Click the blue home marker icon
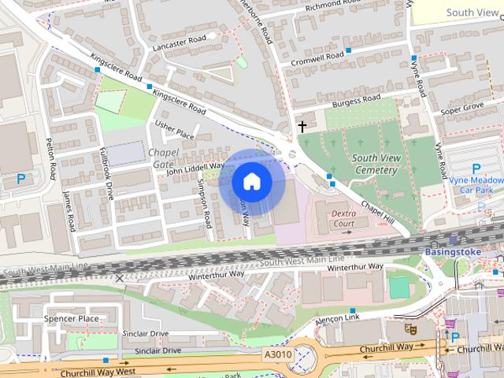[x=251, y=182]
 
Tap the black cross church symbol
[x=302, y=126]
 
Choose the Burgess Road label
[x=356, y=101]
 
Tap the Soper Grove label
[x=462, y=106]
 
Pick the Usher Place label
[x=174, y=130]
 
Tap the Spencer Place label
[x=72, y=319]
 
